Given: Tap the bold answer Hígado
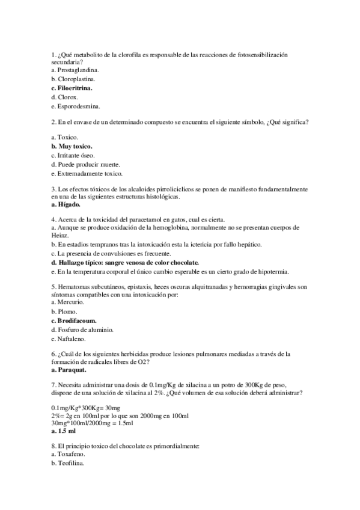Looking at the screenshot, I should click(67, 205).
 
